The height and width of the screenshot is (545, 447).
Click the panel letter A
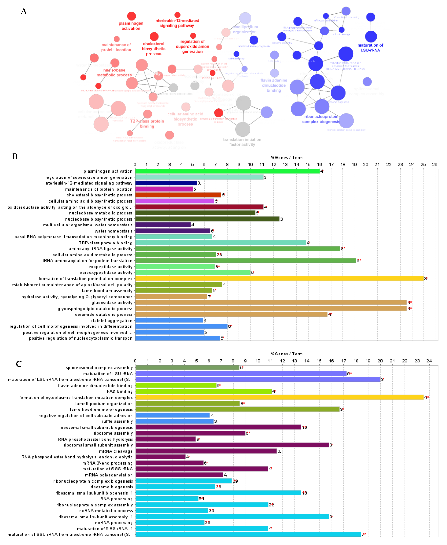tap(24, 12)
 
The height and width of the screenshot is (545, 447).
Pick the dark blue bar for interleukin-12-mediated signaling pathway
tap(166, 183)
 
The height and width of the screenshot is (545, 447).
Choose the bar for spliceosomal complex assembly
tap(187, 368)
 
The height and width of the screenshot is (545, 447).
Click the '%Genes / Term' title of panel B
tap(287, 158)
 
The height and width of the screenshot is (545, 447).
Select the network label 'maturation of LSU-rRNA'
tap(370, 48)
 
